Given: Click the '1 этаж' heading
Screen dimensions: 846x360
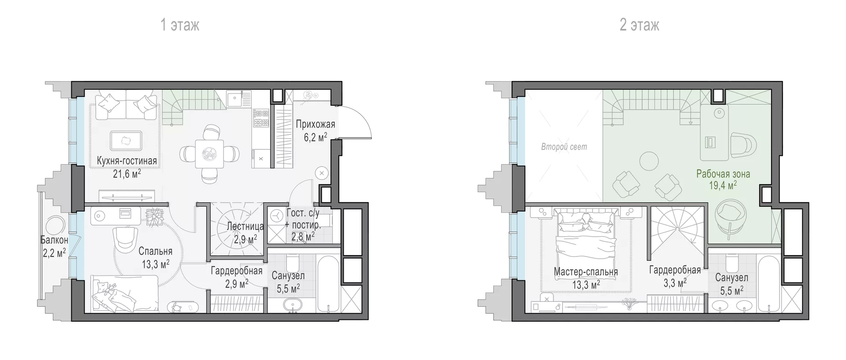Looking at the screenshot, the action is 180,25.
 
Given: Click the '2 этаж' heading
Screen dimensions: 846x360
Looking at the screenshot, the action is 639,25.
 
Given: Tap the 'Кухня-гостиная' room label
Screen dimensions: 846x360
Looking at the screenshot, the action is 127,161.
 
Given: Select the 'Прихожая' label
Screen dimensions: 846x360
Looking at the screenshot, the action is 315,124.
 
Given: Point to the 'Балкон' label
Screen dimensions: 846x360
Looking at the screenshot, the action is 54,240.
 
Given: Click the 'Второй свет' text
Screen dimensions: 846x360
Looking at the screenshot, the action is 564,147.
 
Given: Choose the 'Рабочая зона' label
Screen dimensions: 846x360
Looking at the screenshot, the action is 723,174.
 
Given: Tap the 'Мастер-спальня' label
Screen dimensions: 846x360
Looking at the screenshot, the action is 586,272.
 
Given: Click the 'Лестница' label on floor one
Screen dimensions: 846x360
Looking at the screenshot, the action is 245,226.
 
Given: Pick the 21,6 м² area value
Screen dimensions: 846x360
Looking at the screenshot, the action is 127,173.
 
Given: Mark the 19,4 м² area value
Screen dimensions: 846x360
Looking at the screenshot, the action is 723,186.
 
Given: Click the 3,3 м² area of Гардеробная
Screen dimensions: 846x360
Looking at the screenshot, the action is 675,282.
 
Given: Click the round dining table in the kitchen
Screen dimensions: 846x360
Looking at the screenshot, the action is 209,153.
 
